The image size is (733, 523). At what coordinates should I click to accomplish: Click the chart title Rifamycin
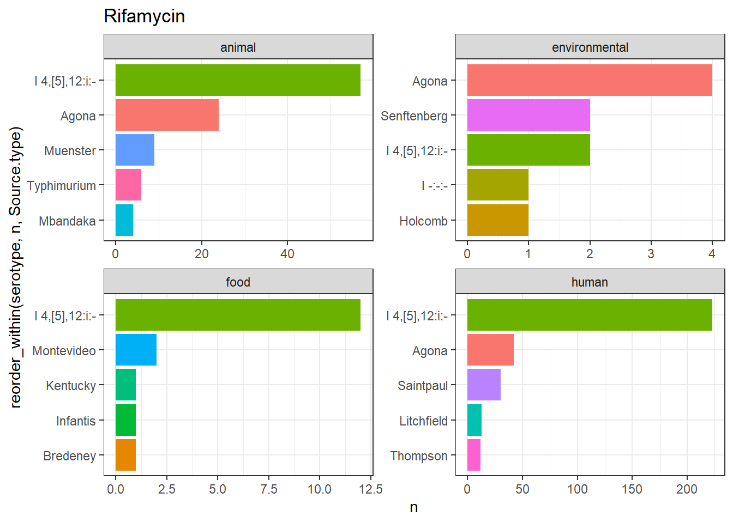click(x=145, y=16)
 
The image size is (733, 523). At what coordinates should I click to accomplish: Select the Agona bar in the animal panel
click(x=167, y=115)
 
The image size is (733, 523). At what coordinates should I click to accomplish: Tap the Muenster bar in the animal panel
click(x=135, y=150)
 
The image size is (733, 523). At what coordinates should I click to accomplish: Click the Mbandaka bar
click(x=124, y=220)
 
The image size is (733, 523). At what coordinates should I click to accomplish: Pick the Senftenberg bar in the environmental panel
click(x=528, y=115)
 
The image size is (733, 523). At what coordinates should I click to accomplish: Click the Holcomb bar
click(x=498, y=220)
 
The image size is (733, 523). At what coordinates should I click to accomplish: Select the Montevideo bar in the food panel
click(x=136, y=350)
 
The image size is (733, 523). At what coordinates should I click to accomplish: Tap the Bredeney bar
click(x=125, y=455)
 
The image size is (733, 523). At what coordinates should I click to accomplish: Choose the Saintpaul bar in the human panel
click(x=484, y=385)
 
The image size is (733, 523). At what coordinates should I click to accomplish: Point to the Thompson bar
click(x=474, y=455)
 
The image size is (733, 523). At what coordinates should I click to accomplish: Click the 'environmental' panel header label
click(x=590, y=48)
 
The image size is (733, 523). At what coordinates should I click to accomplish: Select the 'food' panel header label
click(x=238, y=282)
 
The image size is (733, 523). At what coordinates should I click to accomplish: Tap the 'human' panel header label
click(x=590, y=282)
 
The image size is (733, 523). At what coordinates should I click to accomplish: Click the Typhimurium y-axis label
click(x=62, y=186)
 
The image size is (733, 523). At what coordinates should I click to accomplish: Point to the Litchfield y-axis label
click(x=423, y=421)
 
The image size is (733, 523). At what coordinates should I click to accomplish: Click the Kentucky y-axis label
click(x=71, y=386)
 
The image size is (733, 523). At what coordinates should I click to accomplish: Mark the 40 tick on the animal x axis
click(x=287, y=254)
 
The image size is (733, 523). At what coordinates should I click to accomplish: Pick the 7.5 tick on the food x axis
click(x=269, y=489)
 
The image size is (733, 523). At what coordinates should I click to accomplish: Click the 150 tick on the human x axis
click(x=632, y=489)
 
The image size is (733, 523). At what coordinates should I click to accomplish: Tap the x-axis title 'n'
click(x=414, y=508)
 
